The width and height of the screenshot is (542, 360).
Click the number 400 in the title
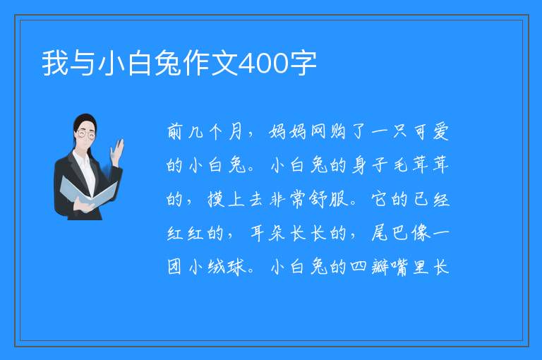click(x=263, y=64)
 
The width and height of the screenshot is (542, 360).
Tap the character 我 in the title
click(x=55, y=63)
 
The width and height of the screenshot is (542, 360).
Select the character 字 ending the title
click(x=303, y=63)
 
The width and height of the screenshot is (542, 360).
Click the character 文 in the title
click(x=224, y=63)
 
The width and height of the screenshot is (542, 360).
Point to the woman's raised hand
click(x=117, y=152)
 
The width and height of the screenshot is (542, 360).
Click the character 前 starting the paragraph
click(x=174, y=132)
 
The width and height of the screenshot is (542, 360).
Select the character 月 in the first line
click(x=235, y=132)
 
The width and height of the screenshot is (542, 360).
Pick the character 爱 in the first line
click(x=440, y=132)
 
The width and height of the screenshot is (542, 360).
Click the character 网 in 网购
click(x=318, y=132)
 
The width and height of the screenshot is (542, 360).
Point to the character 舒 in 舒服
click(x=317, y=200)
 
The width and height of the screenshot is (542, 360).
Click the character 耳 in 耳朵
click(x=257, y=233)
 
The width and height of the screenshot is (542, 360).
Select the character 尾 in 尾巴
click(x=380, y=233)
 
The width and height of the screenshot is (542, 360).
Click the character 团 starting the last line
click(x=174, y=267)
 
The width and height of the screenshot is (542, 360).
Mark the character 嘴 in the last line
click(x=400, y=267)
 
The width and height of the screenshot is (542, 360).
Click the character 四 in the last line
click(x=359, y=266)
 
